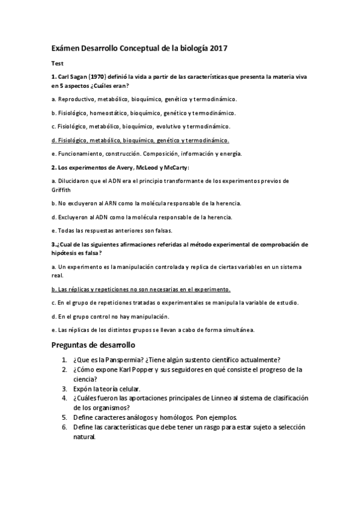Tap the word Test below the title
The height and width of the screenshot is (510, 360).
(57, 63)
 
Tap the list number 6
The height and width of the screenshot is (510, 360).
(64, 426)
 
